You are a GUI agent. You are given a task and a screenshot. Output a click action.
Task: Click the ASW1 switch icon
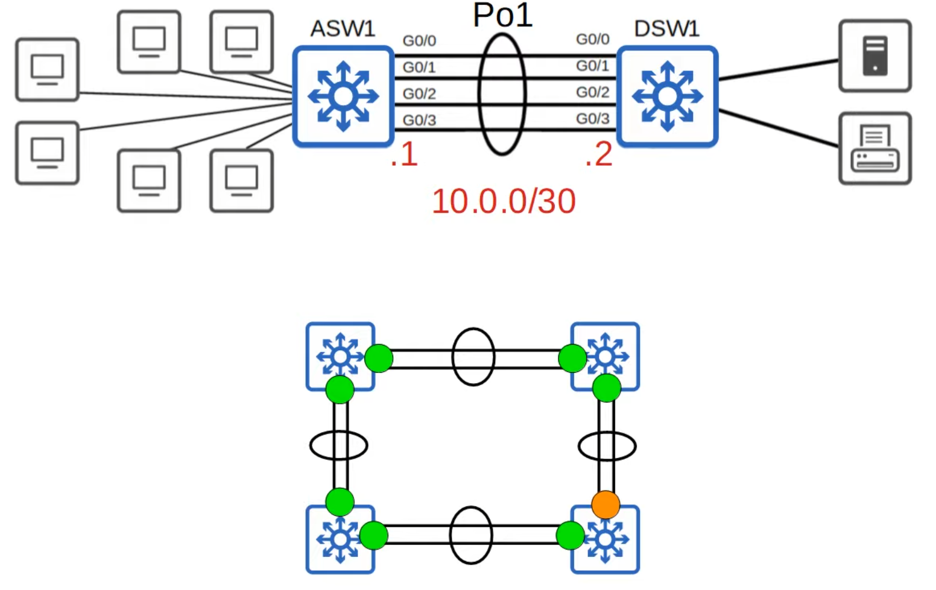click(343, 96)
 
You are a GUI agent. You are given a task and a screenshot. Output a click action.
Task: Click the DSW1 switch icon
click(667, 96)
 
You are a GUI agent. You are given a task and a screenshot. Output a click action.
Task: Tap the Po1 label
click(502, 15)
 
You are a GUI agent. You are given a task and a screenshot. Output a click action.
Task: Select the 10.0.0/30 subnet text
click(504, 201)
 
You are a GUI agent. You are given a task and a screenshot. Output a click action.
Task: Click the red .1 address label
click(404, 154)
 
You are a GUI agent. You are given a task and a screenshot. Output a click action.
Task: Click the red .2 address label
click(598, 154)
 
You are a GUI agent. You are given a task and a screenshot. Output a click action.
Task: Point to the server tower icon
click(874, 56)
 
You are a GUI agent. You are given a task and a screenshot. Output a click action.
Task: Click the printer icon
click(874, 148)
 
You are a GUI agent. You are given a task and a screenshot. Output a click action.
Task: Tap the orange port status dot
click(606, 504)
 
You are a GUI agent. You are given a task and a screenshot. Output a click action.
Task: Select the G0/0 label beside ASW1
click(419, 41)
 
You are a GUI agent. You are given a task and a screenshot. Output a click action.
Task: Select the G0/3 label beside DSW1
click(592, 119)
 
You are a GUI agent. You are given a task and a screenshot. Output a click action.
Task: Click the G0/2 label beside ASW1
click(419, 94)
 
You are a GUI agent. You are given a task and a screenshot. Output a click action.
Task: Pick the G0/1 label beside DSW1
click(592, 66)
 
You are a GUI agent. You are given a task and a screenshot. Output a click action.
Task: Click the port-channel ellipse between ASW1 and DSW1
click(502, 95)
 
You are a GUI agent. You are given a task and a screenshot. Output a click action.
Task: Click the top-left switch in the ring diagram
click(340, 356)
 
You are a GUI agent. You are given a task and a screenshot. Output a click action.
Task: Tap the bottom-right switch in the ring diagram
click(606, 539)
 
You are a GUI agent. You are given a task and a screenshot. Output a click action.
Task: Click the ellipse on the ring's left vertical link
click(339, 446)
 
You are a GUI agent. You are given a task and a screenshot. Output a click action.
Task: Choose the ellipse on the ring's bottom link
click(471, 535)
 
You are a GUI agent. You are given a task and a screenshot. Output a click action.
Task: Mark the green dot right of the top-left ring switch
click(379, 358)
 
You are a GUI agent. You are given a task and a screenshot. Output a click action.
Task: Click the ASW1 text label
click(343, 28)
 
